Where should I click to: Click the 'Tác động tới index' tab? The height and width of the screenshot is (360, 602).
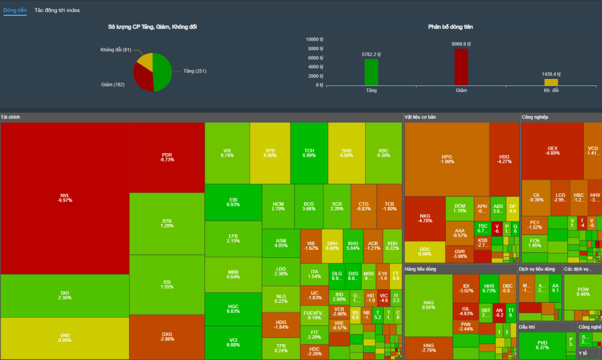(57, 11)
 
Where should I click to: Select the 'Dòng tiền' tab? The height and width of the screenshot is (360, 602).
(15, 11)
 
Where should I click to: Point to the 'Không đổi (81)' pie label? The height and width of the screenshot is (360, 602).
(115, 49)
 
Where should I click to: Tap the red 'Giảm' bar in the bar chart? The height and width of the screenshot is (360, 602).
(461, 67)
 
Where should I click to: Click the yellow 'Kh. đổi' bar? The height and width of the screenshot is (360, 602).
(551, 82)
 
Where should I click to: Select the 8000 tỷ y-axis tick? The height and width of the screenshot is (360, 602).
(315, 48)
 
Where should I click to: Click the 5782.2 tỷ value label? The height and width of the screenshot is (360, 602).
(372, 54)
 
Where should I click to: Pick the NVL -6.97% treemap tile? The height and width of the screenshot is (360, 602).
(65, 198)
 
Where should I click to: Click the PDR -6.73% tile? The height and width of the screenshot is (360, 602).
(167, 157)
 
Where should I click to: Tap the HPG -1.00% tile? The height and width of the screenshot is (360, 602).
(447, 159)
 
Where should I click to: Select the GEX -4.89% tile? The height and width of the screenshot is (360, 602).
(553, 151)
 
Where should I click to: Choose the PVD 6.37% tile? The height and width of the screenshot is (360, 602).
(542, 345)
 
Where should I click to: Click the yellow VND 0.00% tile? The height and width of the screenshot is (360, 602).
(65, 338)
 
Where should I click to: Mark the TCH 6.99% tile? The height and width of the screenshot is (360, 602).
(309, 153)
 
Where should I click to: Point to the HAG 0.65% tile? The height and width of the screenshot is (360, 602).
(429, 305)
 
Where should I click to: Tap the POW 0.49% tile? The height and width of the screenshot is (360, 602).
(583, 292)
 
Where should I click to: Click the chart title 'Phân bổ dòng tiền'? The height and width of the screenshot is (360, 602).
(451, 27)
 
